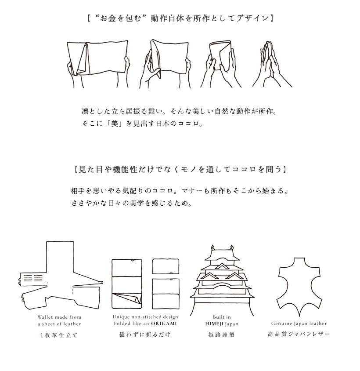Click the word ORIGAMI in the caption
tap(164, 324)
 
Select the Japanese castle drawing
tap(222, 280)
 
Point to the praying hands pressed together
tap(272, 64)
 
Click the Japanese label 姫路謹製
tap(221, 335)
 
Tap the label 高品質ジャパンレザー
tap(299, 334)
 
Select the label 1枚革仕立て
tap(59, 335)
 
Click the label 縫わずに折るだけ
tap(145, 335)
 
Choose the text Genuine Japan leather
tap(299, 324)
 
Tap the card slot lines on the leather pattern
tap(33, 278)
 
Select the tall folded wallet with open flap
tap(127, 284)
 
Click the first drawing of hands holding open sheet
tap(98, 64)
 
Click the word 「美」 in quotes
tap(115, 124)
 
